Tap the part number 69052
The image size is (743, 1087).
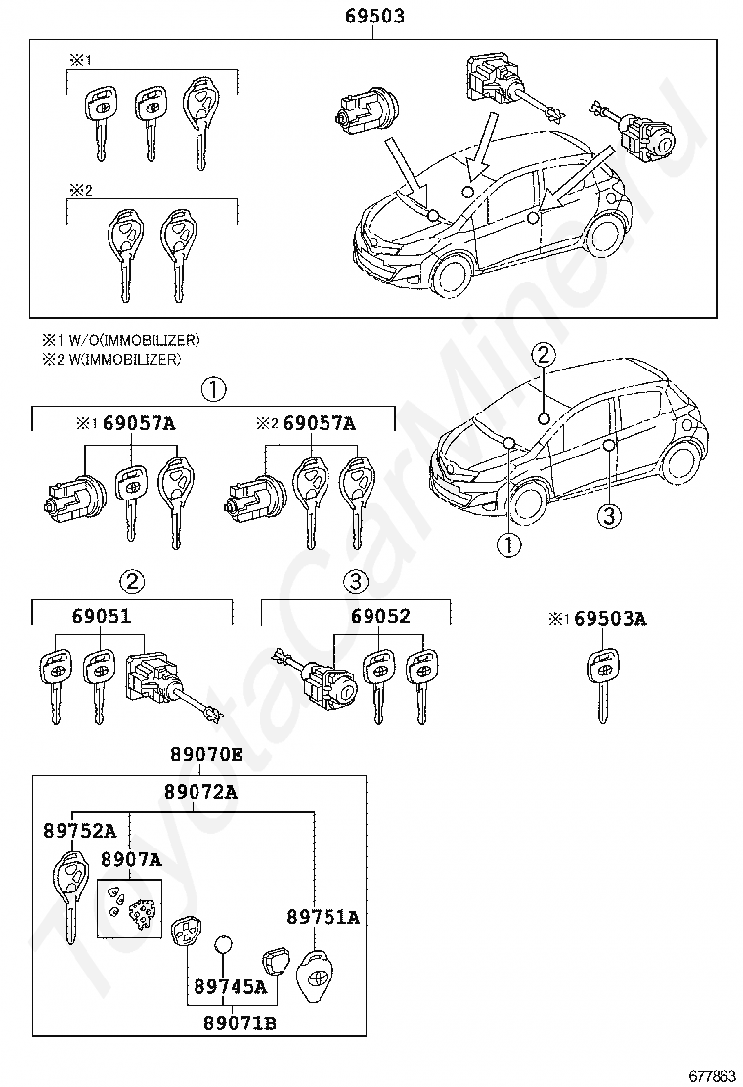[381, 617]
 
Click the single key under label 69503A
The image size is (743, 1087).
[602, 684]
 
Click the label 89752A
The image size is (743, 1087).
[79, 831]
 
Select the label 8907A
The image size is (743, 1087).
[131, 859]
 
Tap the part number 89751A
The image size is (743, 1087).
[323, 917]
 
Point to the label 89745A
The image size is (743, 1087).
[231, 987]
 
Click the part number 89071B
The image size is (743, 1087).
[240, 1022]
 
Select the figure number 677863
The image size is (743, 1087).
[710, 1076]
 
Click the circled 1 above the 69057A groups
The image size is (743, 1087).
[213, 390]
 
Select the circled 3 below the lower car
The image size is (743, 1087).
[608, 515]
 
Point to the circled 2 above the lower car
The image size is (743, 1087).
[545, 356]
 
